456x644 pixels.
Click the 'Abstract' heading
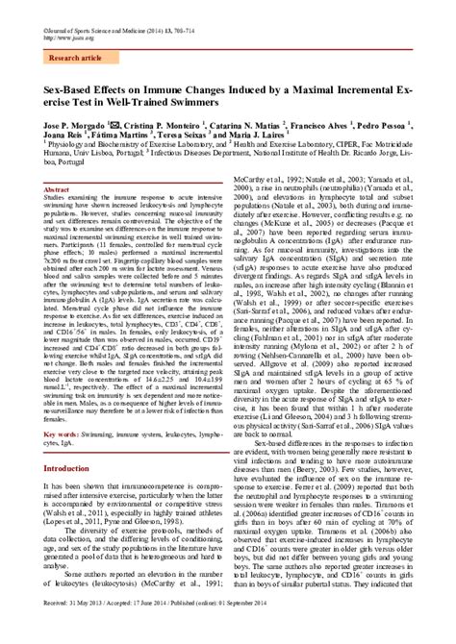coord(58,191)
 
